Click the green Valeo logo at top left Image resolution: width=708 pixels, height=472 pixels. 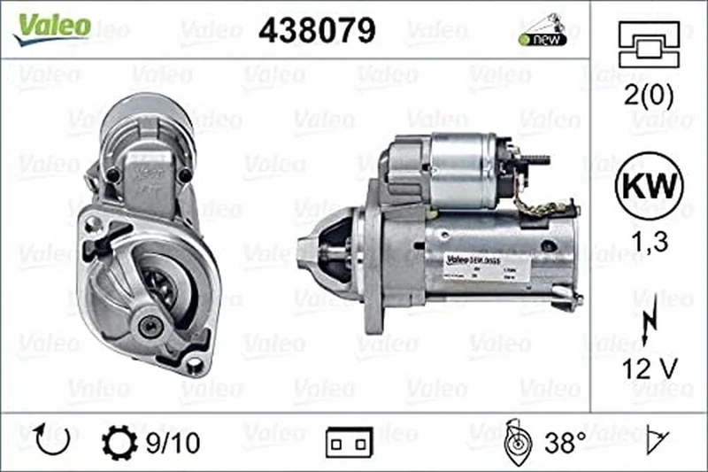click(x=51, y=27)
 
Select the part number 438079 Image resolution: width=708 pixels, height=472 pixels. click(x=316, y=30)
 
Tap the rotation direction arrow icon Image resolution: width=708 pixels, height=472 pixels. click(x=51, y=439)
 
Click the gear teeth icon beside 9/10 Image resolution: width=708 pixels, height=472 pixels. click(x=120, y=440)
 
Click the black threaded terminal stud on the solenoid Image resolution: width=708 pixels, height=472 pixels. click(x=534, y=160)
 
